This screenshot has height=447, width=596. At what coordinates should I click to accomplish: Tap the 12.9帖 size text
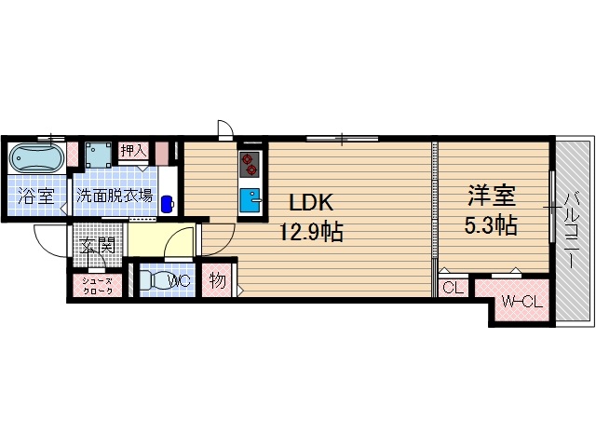[x=311, y=232]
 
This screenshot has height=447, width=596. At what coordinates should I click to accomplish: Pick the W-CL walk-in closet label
[x=518, y=301]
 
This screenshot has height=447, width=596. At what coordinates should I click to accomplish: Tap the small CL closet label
[x=452, y=288]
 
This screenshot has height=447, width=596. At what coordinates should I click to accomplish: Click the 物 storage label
[x=217, y=280]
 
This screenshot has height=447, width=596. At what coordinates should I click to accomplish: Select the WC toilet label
[x=180, y=280]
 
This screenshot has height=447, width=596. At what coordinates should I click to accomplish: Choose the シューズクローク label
[x=97, y=287]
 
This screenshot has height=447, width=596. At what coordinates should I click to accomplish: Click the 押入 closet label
[x=132, y=150]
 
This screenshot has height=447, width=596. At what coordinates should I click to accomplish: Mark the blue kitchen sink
[x=251, y=199]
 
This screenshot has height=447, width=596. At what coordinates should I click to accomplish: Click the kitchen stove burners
[x=250, y=165]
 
